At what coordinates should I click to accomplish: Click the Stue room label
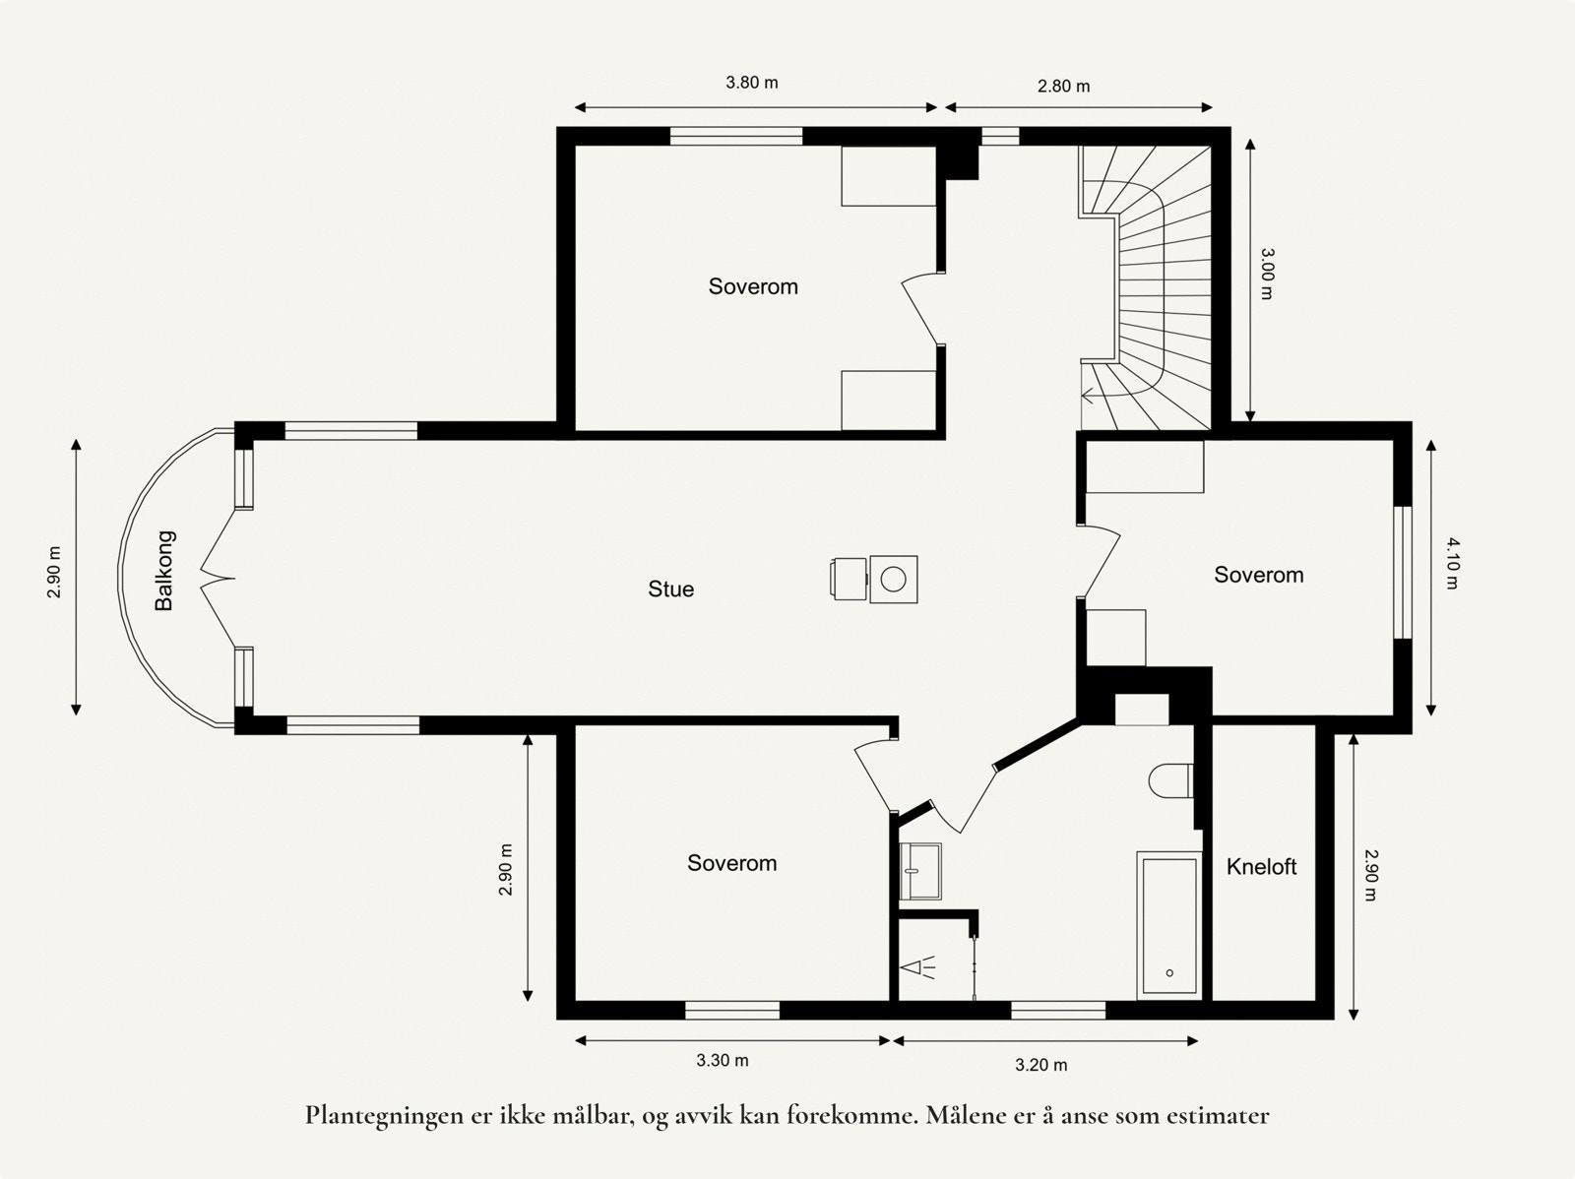point(670,589)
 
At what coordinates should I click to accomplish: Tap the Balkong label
point(165,571)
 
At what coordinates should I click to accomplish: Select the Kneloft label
point(1261,866)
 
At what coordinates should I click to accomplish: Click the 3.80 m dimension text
point(752,83)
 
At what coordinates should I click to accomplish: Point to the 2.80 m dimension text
point(1063,86)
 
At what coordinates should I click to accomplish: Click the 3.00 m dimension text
point(1268,274)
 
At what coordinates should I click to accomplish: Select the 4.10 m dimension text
point(1451,563)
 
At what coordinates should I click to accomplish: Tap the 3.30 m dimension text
point(723,1060)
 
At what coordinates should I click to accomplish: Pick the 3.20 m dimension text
point(1040,1065)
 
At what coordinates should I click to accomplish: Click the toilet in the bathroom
point(1171,780)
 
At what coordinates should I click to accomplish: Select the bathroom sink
point(920,871)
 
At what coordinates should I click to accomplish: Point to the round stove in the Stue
point(894,579)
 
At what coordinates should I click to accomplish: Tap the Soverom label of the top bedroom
point(753,286)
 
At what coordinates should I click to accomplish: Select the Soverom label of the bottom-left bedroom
point(731,863)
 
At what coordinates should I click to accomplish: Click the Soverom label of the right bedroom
point(1258,575)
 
